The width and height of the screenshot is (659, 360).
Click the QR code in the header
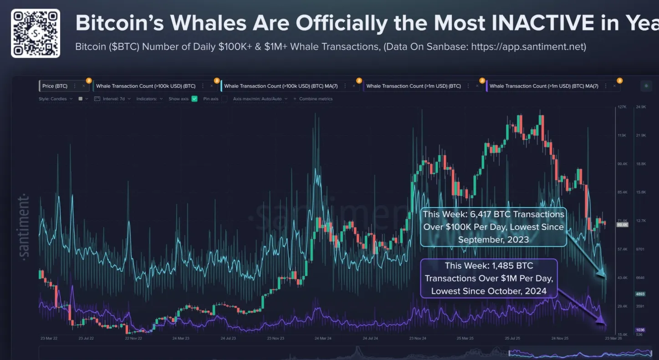point(36,33)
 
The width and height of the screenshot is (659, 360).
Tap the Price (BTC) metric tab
point(55,86)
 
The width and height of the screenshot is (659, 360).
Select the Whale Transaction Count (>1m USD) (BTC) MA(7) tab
point(544,86)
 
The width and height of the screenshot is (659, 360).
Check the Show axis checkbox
point(194,99)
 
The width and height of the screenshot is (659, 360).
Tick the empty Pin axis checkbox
point(224,99)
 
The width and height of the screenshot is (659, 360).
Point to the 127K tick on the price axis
point(622,107)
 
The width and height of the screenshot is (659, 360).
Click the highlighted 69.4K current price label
point(622,225)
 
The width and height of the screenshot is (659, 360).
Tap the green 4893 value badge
point(640,294)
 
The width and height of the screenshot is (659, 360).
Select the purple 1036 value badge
point(640,330)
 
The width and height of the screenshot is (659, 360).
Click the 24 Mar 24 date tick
point(323,339)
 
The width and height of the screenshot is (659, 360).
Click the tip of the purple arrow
point(605,324)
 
